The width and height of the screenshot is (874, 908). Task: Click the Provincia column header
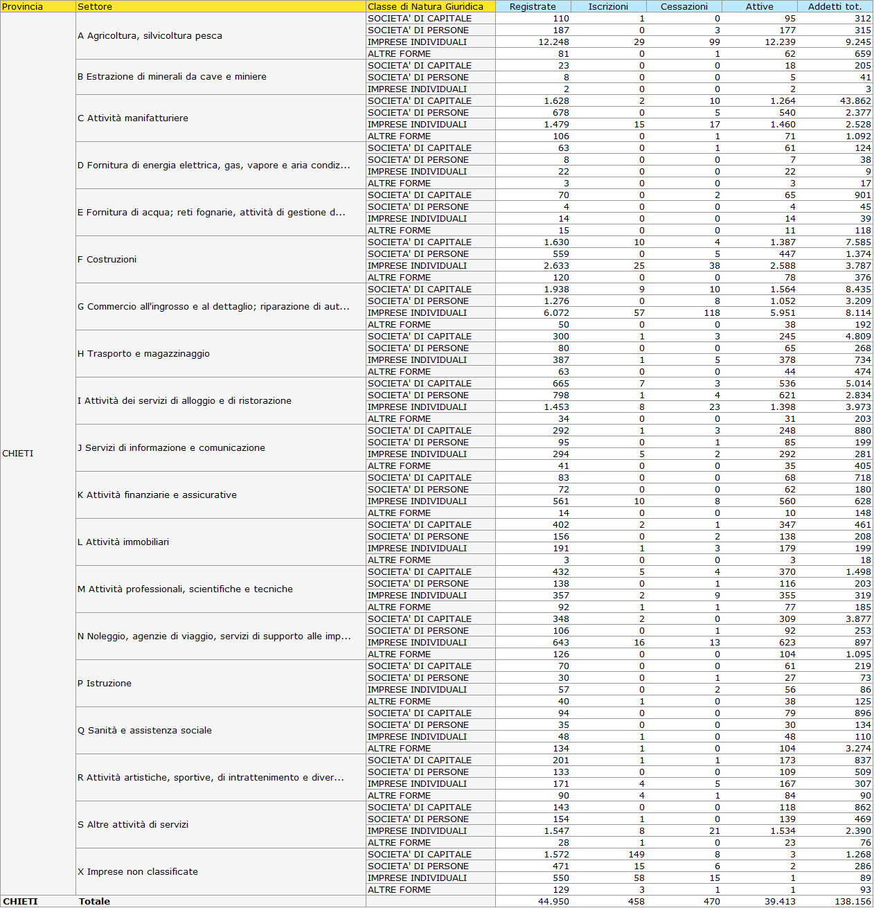pos(23,6)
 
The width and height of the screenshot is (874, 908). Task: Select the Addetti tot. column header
pos(835,6)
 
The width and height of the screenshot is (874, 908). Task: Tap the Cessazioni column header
pos(684,6)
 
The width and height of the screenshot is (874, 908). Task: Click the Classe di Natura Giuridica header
pos(425,6)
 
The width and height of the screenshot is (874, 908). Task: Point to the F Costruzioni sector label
pos(107,259)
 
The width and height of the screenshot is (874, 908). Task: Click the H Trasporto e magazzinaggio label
pos(143,353)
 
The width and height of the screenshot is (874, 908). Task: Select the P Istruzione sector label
pos(105,683)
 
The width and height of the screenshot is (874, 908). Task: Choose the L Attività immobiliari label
pos(123,542)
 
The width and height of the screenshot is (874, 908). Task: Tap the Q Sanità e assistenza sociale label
pos(145,730)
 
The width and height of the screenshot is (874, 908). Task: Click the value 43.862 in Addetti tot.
pos(855,100)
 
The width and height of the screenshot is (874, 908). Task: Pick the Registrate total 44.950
pos(553,901)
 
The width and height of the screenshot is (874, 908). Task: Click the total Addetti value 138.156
pos(853,901)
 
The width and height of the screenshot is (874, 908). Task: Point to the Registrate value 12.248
pos(553,42)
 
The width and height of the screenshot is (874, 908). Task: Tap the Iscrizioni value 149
pos(636,854)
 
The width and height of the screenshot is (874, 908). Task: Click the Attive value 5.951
pos(783,312)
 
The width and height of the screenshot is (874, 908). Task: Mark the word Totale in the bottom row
pos(94,901)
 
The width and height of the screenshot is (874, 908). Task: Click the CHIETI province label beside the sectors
pos(18,453)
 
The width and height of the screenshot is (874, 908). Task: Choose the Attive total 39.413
pos(780,901)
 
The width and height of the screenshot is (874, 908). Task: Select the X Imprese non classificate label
pos(138,871)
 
